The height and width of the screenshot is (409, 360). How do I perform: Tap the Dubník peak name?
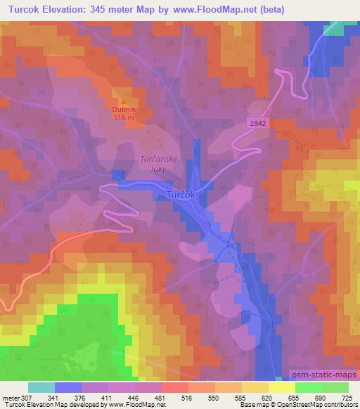(x=122, y=110)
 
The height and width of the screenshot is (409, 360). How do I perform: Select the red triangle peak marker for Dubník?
(x=124, y=101)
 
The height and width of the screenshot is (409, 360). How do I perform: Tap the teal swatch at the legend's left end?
(x=41, y=387)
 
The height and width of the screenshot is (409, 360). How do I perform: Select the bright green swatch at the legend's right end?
(x=335, y=387)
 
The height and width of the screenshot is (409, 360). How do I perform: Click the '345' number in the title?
(x=111, y=8)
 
